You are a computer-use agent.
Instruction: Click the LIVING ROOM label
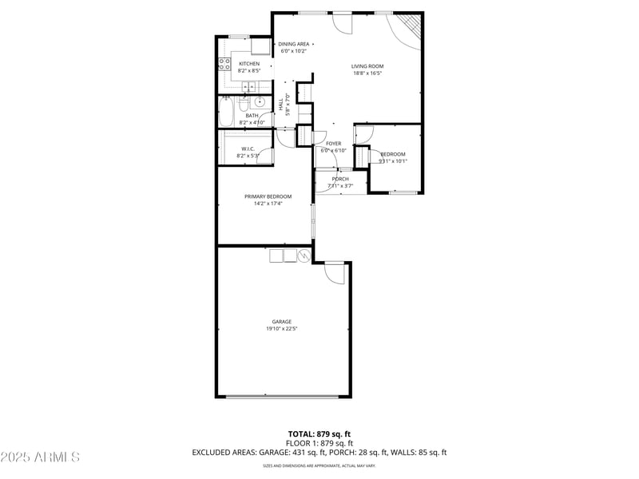coord(367,66)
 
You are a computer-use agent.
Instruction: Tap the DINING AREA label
coord(294,44)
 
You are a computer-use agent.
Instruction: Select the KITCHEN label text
coord(249,64)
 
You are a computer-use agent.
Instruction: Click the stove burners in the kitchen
coord(224,64)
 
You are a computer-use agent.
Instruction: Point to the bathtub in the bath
coord(225,112)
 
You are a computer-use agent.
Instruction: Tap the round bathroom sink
coord(260,103)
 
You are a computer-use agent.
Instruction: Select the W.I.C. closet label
coord(248,148)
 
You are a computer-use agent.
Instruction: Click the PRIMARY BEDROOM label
coord(268,196)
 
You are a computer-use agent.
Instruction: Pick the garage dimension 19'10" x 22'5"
coord(281,328)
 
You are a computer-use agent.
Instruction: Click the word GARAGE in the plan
coord(281,322)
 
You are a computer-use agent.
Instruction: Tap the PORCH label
coord(340,179)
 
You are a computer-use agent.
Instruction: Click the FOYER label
coord(333,144)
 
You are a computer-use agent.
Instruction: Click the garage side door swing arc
coord(335,273)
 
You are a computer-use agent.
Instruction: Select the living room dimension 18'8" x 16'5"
coord(367,73)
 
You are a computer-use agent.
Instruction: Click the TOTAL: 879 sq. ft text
coord(319,433)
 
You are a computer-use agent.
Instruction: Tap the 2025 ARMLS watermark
coord(40,457)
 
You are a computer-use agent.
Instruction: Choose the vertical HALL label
coord(281,104)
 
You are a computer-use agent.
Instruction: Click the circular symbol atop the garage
coord(304,255)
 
